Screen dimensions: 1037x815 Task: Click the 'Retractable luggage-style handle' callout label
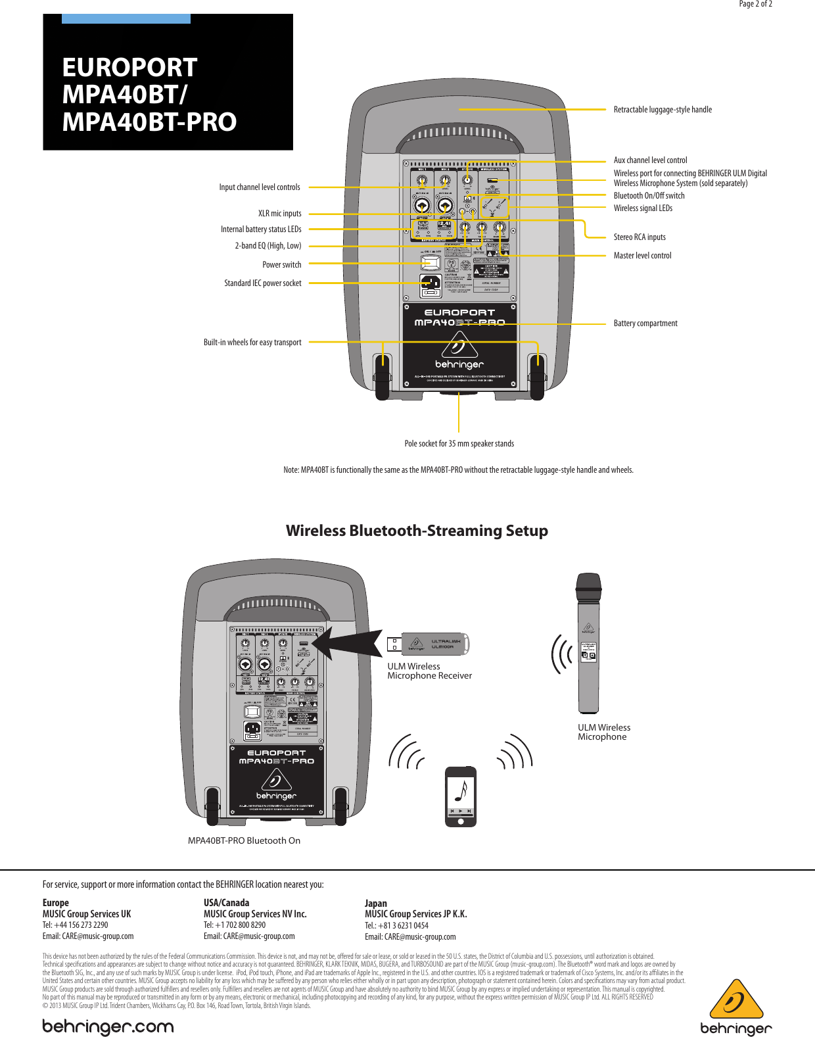click(663, 110)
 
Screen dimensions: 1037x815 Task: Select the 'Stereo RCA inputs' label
click(640, 237)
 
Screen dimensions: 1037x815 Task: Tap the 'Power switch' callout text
click(281, 265)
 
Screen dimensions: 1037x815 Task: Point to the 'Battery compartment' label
click(645, 324)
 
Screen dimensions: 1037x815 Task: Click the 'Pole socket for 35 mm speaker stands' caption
click(459, 444)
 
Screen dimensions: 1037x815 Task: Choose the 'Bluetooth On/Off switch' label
click(649, 196)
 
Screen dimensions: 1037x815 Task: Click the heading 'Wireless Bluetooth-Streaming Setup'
click(417, 531)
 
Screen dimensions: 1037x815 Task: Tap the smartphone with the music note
click(461, 796)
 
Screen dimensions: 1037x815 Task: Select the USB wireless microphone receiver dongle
click(429, 644)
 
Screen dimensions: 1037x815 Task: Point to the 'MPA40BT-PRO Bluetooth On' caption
click(244, 840)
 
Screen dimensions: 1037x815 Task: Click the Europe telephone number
click(75, 925)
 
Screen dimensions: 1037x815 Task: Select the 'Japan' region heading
click(376, 903)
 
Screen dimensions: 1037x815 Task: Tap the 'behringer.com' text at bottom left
click(108, 1026)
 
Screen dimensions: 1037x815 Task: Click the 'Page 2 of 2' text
click(755, 4)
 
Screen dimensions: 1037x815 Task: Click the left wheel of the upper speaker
click(382, 377)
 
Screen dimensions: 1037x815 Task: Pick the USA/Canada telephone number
click(235, 925)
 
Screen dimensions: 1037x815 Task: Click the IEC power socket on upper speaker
click(431, 285)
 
